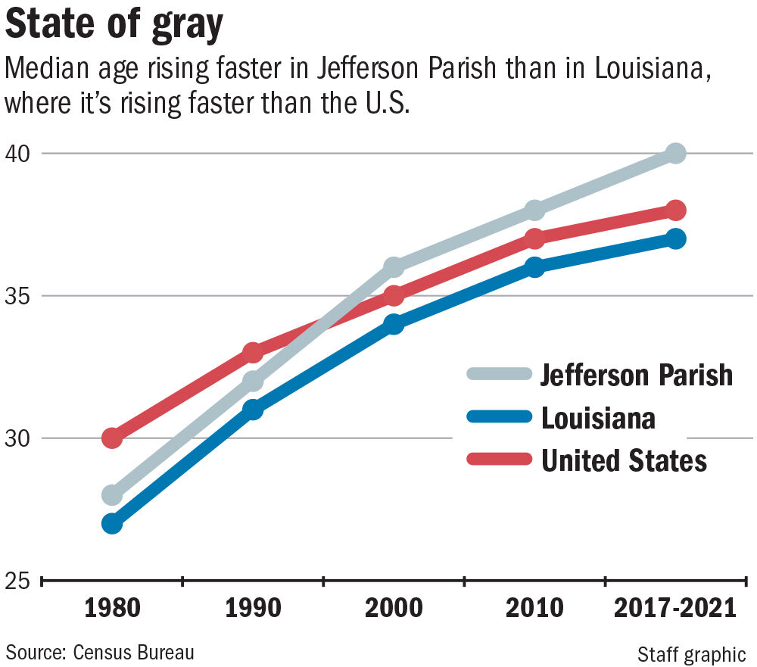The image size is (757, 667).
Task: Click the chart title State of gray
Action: [x=114, y=27]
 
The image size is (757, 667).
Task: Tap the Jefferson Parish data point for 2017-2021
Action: [x=676, y=153]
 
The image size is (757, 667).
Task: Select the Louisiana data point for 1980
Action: [x=112, y=524]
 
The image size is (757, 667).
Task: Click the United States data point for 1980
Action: [x=112, y=438]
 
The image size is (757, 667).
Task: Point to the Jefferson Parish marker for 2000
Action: [x=394, y=267]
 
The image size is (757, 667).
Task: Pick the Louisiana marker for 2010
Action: [x=535, y=267]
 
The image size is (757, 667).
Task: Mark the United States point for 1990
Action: [x=253, y=353]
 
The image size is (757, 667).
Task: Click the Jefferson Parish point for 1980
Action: [x=112, y=495]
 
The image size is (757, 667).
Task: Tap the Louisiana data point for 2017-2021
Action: [x=676, y=239]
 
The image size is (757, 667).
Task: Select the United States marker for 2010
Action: [x=535, y=238]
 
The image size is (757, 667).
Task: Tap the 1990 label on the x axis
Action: [x=253, y=608]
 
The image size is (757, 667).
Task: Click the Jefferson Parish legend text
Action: [x=637, y=375]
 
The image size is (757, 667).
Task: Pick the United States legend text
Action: [x=624, y=460]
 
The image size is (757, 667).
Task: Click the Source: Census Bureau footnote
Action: [x=101, y=652]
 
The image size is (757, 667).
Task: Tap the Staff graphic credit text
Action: [x=691, y=653]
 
